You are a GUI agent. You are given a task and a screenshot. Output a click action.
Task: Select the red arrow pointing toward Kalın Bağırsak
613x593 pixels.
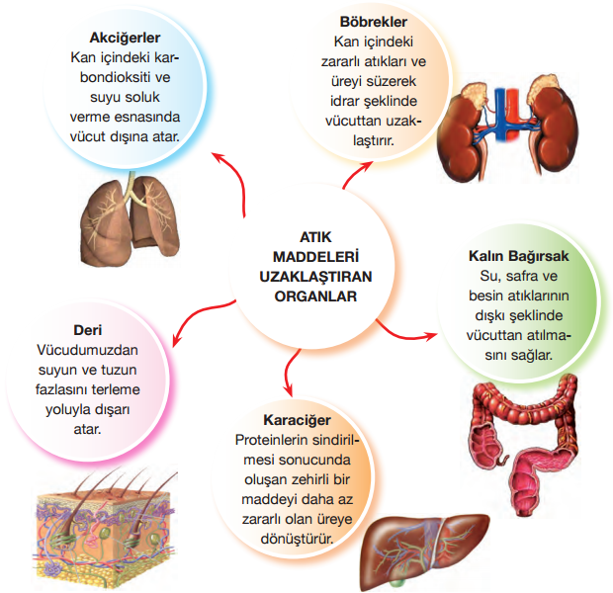click(415, 332)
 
